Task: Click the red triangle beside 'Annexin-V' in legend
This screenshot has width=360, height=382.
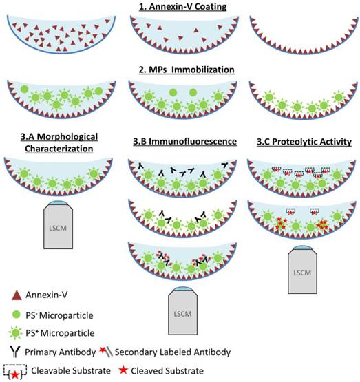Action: [15, 296]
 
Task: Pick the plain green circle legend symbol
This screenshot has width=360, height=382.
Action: [15, 315]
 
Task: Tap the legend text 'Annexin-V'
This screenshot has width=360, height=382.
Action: [48, 296]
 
